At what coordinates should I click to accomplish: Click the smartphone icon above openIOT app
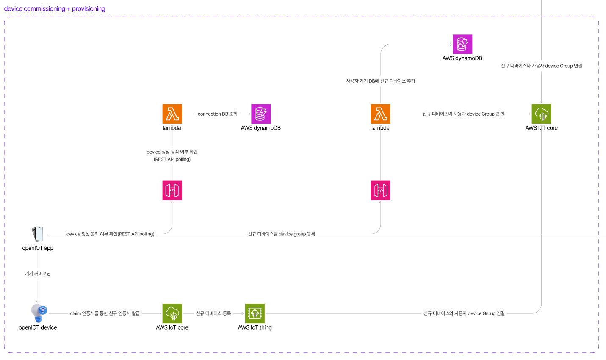[x=38, y=234]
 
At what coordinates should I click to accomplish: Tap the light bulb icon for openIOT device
[x=39, y=313]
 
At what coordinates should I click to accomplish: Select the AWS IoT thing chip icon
[x=255, y=313]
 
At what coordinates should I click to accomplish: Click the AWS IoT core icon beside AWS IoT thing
[x=172, y=313]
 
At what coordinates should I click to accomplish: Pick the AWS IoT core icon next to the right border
[x=541, y=114]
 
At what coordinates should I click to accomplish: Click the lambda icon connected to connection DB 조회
[x=172, y=114]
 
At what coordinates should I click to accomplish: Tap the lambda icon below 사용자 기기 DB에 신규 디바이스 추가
[x=380, y=114]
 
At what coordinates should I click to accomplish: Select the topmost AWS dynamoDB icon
[x=462, y=44]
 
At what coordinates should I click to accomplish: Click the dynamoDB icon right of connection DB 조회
[x=261, y=114]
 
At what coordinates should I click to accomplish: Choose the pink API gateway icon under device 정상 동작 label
[x=172, y=191]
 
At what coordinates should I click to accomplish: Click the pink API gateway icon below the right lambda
[x=380, y=191]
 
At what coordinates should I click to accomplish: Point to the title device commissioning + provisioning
[x=55, y=8]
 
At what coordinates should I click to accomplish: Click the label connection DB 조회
[x=218, y=114]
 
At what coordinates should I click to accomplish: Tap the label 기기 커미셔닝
[x=38, y=274]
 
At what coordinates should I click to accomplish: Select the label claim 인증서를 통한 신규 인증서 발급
[x=105, y=313]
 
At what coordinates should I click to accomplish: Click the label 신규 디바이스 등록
[x=213, y=313]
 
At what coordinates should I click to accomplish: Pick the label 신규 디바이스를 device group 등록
[x=281, y=234]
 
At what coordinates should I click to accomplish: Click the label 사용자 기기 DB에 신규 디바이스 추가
[x=380, y=81]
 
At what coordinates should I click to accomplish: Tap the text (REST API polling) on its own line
[x=172, y=159]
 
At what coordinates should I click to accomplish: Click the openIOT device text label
[x=38, y=327]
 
